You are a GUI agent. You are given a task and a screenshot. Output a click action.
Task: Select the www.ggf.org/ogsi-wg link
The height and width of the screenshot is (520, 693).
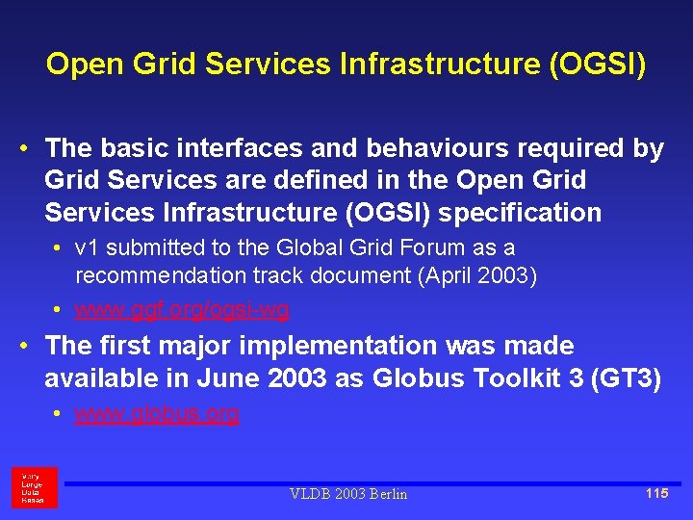182,310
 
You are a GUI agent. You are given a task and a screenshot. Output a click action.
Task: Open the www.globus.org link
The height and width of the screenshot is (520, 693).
157,414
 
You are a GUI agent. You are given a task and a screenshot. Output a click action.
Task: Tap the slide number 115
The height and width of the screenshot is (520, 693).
657,493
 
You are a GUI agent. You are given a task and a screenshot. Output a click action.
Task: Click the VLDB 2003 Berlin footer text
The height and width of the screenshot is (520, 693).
348,494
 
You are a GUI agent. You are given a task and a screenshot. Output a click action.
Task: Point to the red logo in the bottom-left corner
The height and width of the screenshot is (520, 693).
34,487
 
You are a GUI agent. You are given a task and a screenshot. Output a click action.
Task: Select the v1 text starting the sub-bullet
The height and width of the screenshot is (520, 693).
87,247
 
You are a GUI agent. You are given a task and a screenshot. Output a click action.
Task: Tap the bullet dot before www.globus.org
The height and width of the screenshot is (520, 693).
59,414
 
